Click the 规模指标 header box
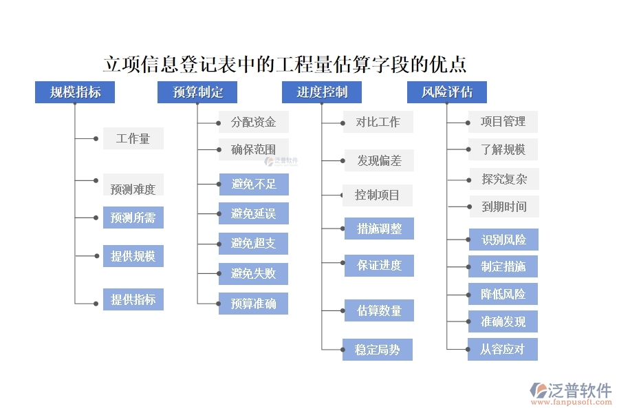[x=74, y=92]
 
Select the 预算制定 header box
[x=197, y=92]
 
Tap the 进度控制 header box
[x=321, y=92]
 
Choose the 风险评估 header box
[x=446, y=92]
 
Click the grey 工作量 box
[x=133, y=138]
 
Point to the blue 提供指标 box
[x=133, y=299]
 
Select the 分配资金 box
[x=253, y=122]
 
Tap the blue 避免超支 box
[x=253, y=243]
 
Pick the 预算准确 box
[x=253, y=303]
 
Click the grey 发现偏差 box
[x=379, y=161]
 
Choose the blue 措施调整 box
[x=379, y=229]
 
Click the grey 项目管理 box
[x=503, y=122]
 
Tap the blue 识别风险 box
[x=503, y=240]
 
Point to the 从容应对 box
[x=503, y=349]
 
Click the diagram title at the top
[x=285, y=65]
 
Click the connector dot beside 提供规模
[x=96, y=256]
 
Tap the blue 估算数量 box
[x=379, y=310]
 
